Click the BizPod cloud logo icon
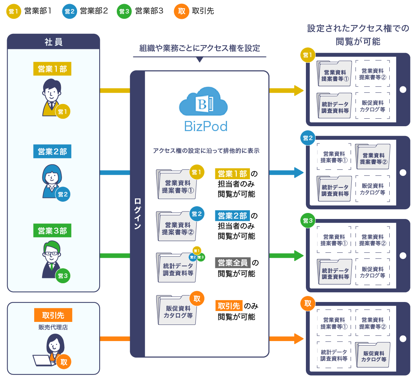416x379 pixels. click(x=203, y=102)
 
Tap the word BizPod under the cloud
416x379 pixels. click(x=206, y=126)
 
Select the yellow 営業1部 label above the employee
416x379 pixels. click(x=52, y=69)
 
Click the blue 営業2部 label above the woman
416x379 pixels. click(x=52, y=152)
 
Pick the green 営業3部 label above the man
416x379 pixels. click(x=52, y=231)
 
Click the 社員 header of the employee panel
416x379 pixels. click(x=53, y=42)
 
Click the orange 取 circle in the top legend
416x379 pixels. click(x=182, y=11)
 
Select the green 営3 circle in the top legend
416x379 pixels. click(x=124, y=11)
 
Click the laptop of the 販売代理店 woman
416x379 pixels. click(x=42, y=360)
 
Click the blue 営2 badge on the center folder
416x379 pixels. click(x=197, y=214)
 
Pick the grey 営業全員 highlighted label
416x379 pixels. click(x=233, y=263)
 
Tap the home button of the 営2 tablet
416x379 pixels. click(x=403, y=173)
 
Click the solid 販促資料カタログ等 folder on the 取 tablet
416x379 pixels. click(x=373, y=355)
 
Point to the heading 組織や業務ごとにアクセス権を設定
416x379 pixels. click(x=200, y=48)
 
